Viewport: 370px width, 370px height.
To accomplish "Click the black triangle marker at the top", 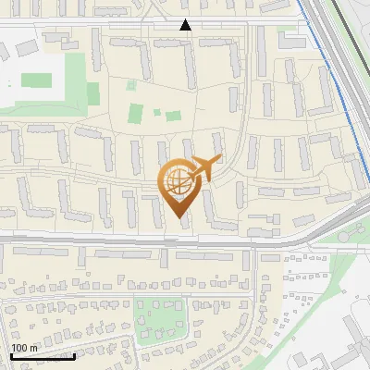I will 186,25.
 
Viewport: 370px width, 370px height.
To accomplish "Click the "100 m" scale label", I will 24,348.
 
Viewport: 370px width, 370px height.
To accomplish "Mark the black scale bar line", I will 43,356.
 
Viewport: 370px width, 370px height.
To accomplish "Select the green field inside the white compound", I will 37,80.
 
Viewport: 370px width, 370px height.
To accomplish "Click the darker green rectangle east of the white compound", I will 92,93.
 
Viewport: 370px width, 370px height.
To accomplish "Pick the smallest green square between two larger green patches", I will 156,113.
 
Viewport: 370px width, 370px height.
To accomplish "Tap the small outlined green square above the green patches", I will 131,85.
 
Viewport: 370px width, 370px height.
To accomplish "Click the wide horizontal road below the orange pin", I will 139,241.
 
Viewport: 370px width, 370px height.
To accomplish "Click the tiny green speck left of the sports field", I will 9,84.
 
